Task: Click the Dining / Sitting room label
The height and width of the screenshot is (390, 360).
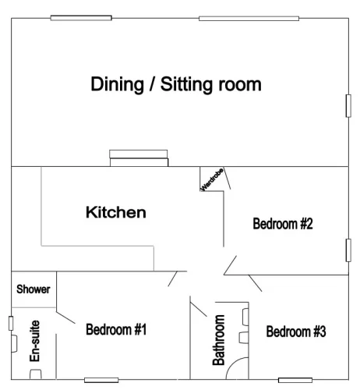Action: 176,84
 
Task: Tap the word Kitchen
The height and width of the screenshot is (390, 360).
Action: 116,212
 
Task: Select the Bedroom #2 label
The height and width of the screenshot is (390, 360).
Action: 283,224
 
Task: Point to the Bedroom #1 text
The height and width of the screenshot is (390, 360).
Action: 116,329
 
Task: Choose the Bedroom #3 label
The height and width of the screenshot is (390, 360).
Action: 296,331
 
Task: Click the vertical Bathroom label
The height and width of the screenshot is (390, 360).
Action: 219,340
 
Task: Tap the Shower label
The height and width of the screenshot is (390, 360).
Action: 34,289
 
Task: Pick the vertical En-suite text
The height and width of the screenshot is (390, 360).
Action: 34,341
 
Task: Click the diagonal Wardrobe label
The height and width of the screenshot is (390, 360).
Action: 212,179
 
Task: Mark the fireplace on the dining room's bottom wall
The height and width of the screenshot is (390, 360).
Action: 139,158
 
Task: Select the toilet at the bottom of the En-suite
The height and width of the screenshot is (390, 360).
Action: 36,374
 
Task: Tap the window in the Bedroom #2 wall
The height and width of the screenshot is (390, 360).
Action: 348,250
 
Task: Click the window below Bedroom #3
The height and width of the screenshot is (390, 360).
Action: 295,380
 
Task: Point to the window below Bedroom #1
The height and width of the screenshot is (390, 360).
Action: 101,380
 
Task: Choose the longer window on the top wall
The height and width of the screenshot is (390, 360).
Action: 249,19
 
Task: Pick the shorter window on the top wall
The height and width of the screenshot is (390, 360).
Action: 81,18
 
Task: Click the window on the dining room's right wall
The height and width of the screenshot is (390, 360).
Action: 348,106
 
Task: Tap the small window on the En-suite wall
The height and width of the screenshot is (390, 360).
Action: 11,323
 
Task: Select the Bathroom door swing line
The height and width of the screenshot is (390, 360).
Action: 199,309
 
